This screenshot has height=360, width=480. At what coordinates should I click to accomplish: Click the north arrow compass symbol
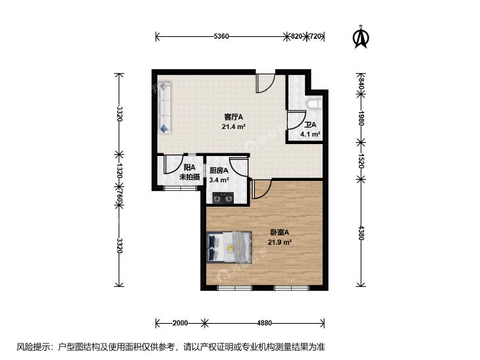pos(361,37)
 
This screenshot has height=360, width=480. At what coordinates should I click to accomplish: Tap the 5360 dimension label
pos(221,36)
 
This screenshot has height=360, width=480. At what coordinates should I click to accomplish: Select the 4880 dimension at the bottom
pos(264,323)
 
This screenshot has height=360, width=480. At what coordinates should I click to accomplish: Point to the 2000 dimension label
pos(180,323)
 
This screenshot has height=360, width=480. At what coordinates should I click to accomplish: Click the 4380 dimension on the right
pos(361,233)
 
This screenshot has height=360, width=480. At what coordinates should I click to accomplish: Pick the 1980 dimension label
pos(361,118)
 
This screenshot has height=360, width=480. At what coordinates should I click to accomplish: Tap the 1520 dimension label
pos(361,161)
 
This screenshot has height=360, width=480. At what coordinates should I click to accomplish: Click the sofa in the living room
pos(165,107)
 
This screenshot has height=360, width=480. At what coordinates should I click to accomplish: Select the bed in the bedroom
pos(229,247)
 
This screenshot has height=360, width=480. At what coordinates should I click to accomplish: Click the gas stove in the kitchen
pos(223,198)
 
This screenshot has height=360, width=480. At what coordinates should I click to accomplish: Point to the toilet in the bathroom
pos(314,104)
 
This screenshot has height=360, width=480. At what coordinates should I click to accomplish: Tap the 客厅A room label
pos(234,117)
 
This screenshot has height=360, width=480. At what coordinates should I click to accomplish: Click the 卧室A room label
pos(279,232)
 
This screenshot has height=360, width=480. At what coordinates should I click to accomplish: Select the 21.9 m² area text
pos(279,243)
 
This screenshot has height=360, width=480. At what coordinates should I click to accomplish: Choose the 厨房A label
pos(219,170)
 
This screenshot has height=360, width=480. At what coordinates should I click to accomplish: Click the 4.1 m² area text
pos(310,134)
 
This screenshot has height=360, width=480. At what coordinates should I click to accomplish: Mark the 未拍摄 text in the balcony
pos(190,177)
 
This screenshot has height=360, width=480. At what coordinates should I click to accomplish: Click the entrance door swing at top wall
pos(265,83)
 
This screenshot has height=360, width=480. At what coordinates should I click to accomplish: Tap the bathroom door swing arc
pos(297,120)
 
